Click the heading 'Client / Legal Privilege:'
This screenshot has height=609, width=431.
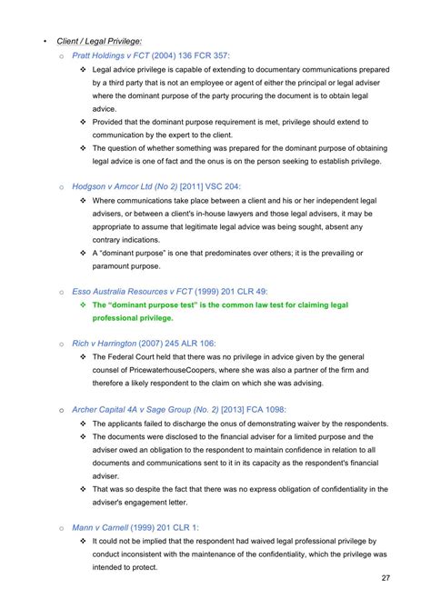(98, 41)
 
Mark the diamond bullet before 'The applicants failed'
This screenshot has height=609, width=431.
(84, 424)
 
